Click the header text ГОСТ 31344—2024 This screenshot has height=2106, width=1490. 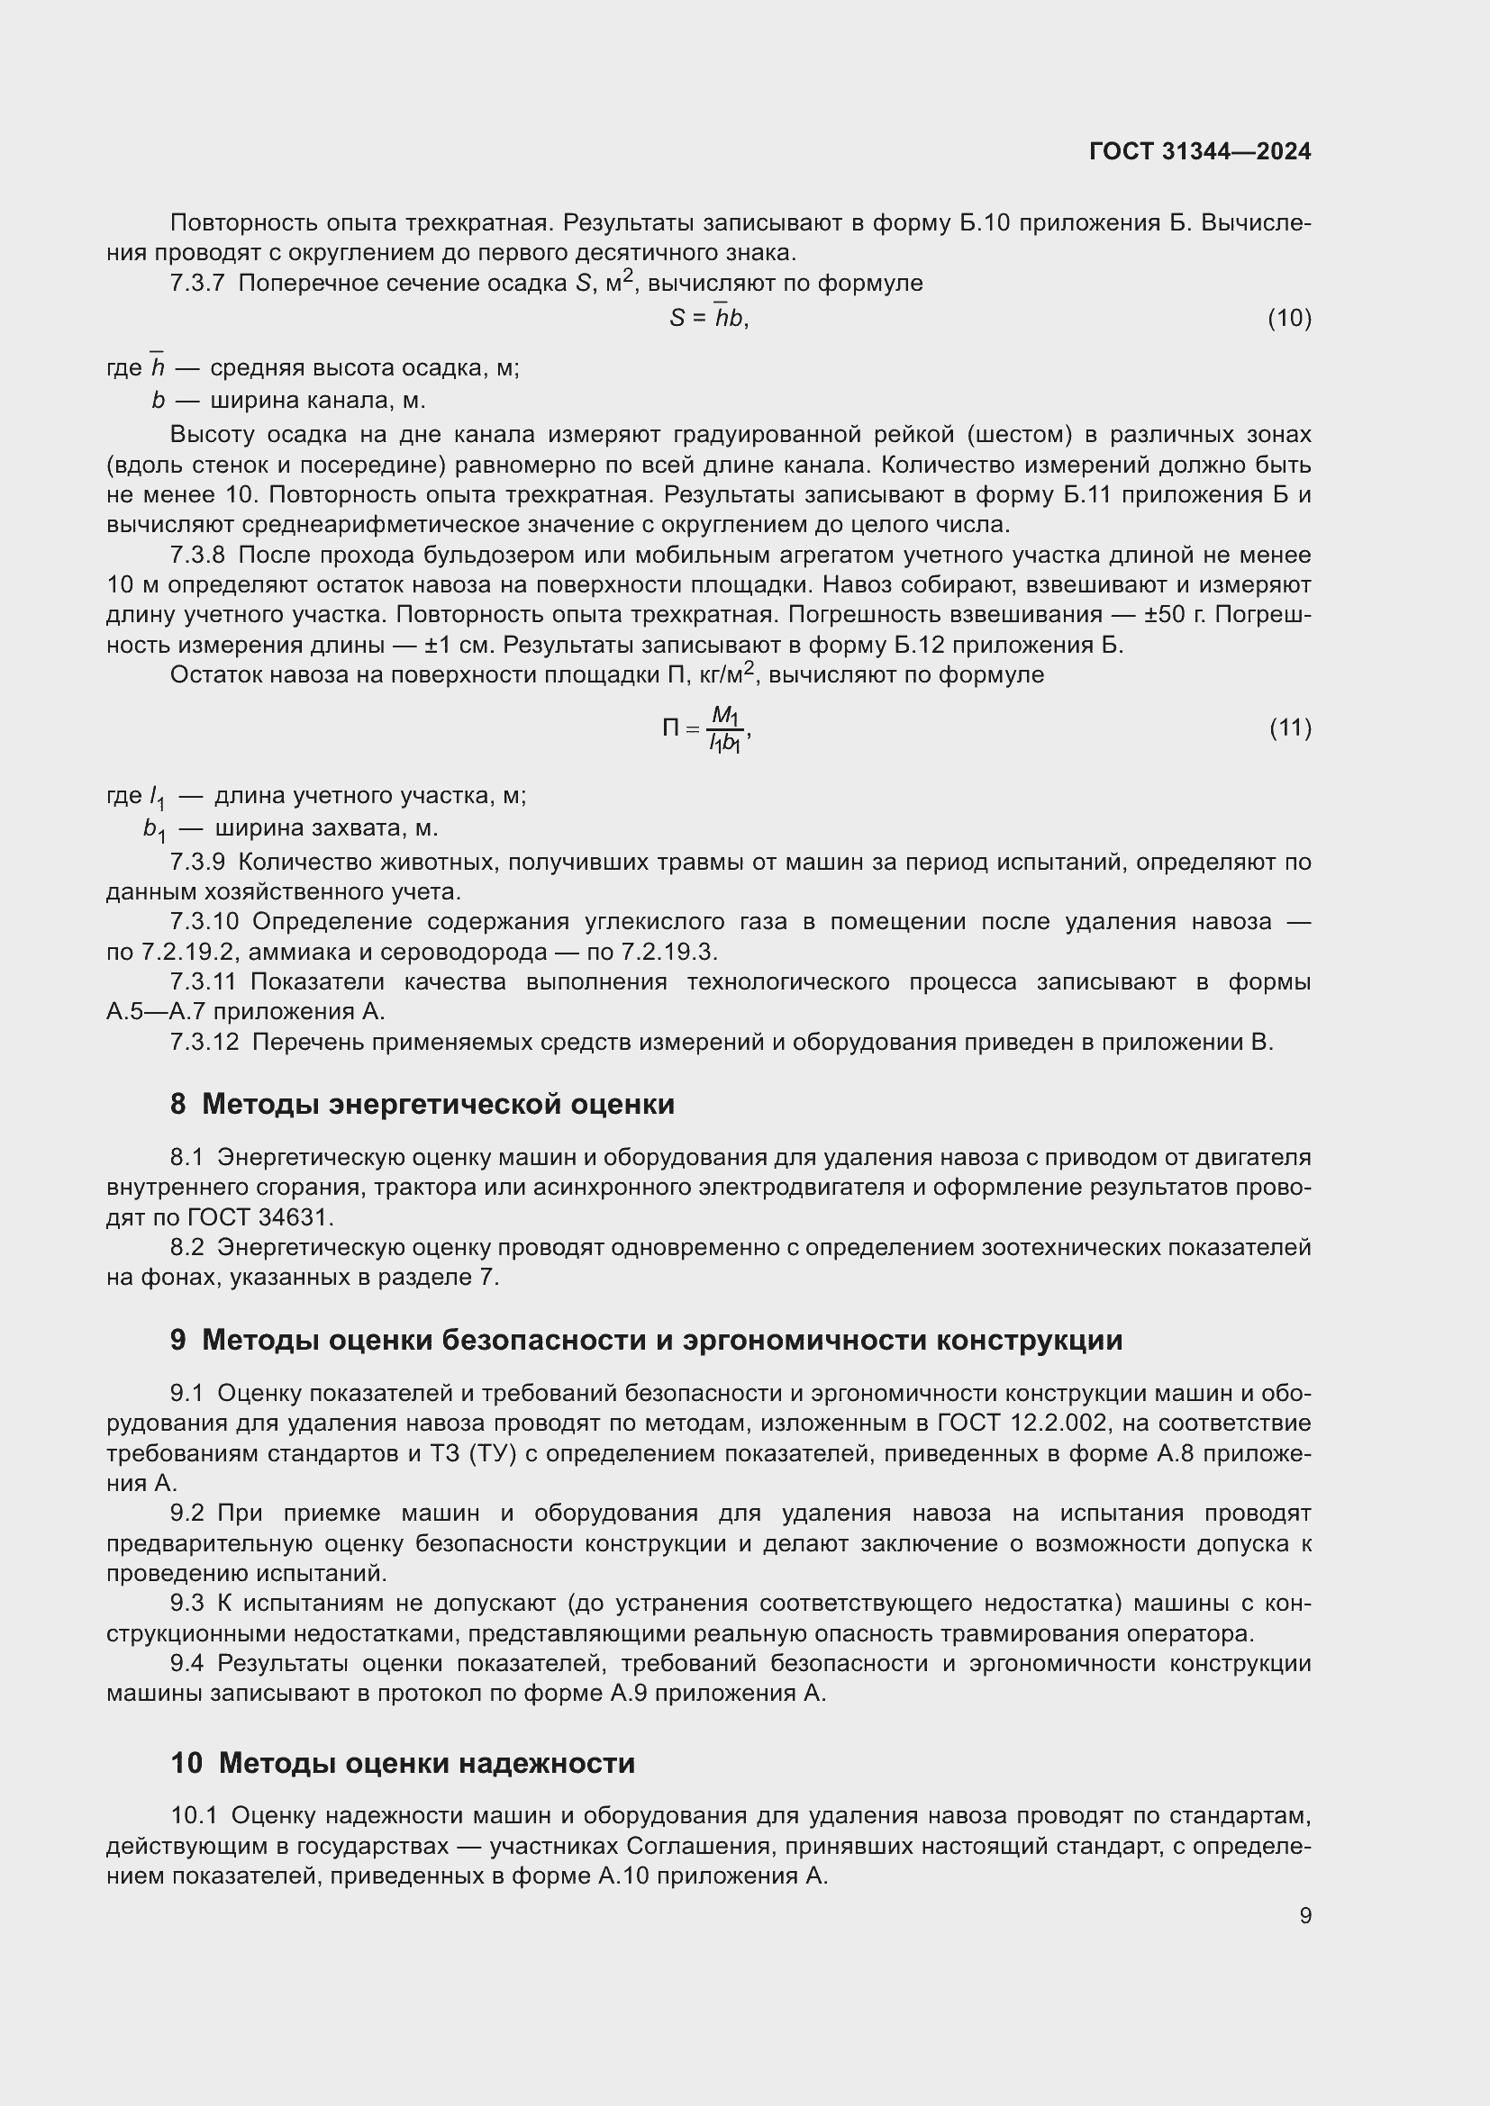tap(1199, 151)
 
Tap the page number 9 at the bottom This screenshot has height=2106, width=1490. tap(1304, 1916)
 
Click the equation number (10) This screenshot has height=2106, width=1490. tap(1289, 318)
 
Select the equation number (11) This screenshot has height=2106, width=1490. tap(1290, 728)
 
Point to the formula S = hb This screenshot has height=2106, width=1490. tap(708, 318)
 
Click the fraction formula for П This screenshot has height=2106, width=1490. tap(707, 729)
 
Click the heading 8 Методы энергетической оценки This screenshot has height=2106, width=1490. tap(422, 1105)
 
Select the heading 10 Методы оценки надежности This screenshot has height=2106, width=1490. tap(403, 1764)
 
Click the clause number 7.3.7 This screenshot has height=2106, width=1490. tap(197, 284)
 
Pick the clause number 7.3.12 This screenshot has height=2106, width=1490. tap(204, 1043)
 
